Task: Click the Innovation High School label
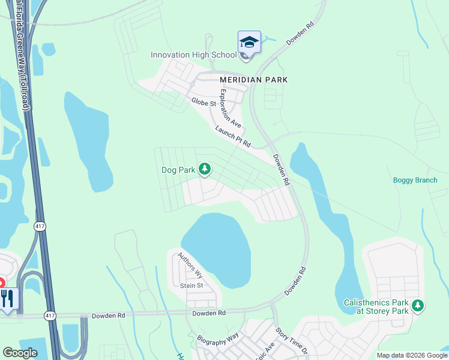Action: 193,55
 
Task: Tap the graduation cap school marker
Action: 249,43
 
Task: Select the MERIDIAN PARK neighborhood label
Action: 253,79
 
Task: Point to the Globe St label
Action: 203,103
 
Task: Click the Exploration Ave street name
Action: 231,109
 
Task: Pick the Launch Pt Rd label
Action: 232,136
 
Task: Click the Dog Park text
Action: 178,170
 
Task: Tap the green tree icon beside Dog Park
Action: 205,170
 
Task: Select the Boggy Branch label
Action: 415,180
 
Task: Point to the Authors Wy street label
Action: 190,265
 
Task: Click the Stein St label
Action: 192,286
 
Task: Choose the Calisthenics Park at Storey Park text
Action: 376,307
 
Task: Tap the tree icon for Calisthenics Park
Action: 418,307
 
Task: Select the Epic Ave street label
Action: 265,350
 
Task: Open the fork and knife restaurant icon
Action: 7,298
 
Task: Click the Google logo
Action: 20,353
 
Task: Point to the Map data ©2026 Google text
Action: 412,355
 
